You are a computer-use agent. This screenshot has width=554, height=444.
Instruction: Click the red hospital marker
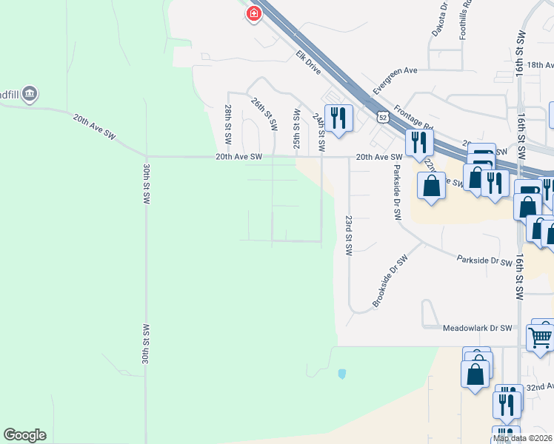[254, 13]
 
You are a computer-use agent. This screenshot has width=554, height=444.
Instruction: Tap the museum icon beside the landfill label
[30, 94]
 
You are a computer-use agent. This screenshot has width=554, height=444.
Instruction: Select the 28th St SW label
[227, 124]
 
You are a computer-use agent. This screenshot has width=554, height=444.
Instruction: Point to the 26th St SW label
[264, 114]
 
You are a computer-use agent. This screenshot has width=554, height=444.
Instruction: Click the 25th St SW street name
[296, 128]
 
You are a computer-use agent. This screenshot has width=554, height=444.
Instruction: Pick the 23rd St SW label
[347, 235]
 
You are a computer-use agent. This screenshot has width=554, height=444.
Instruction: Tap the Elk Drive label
[307, 61]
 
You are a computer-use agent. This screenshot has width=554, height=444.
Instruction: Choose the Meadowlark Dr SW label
[477, 328]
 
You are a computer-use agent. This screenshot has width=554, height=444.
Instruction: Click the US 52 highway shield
[382, 117]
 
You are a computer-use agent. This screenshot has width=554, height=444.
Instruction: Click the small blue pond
[341, 374]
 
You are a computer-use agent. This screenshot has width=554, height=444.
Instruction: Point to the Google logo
[24, 435]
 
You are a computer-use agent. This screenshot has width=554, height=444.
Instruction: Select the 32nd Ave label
[539, 386]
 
